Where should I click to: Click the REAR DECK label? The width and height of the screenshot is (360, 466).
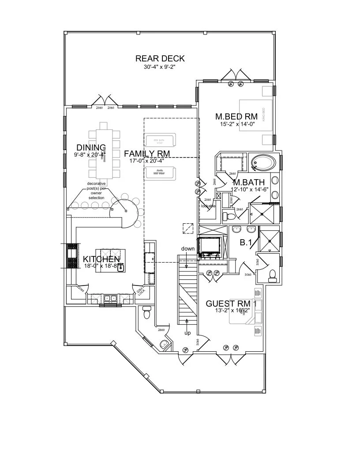coord(160,59)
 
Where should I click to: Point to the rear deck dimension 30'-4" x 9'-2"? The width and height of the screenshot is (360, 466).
coord(160,68)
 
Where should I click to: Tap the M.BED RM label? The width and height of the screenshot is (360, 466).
coord(236,116)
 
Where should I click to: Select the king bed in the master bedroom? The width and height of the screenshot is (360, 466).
coord(257,117)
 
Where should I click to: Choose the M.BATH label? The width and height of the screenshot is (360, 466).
coord(248,182)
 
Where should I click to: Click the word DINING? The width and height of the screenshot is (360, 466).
coord(91,147)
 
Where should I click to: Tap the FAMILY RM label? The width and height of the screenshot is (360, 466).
coord(147,154)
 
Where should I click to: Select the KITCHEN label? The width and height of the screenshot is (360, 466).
coord(101,259)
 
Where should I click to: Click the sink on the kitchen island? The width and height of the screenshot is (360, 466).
coord(120,266)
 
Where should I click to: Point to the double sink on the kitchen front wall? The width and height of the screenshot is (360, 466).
coord(110,299)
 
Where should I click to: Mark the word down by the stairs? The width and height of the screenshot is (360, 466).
coord(187,249)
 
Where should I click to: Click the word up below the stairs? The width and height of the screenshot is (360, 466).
coord(187,333)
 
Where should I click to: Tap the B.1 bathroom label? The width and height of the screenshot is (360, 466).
coord(245,243)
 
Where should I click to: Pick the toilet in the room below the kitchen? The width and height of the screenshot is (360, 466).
coord(147,314)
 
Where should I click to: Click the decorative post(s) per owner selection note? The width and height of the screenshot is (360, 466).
coord(96,191)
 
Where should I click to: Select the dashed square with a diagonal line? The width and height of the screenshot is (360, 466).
coord(188,228)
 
